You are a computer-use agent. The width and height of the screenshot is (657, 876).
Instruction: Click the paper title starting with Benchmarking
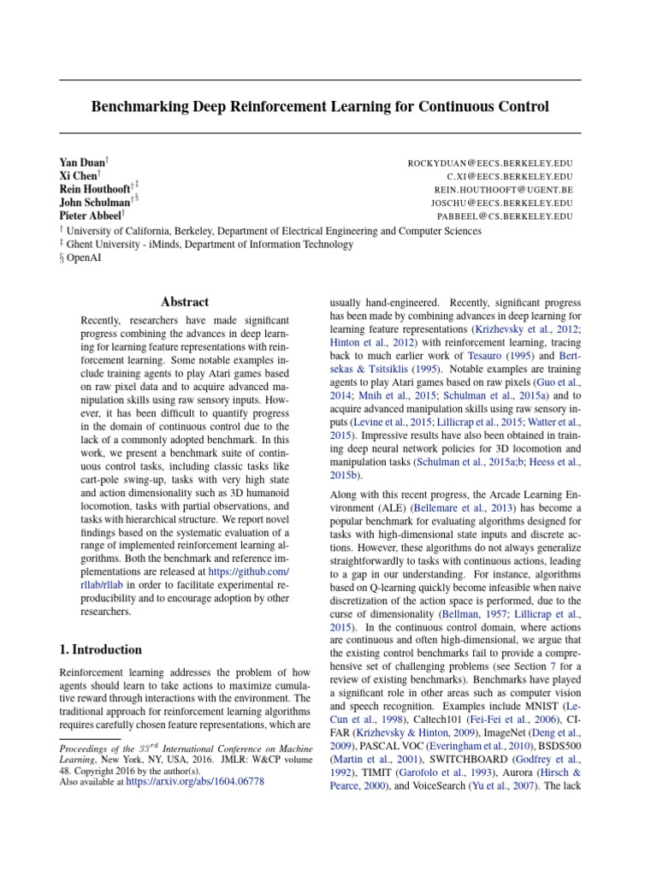tap(320, 107)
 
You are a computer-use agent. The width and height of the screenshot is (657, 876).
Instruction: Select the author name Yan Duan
tap(80, 163)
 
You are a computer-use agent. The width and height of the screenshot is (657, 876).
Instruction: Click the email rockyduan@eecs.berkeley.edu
tap(490, 163)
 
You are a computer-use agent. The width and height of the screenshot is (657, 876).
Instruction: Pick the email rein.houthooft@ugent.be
tap(503, 190)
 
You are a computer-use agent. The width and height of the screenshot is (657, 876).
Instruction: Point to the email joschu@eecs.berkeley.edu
tap(501, 204)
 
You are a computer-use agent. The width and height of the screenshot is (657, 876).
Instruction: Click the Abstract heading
tap(185, 302)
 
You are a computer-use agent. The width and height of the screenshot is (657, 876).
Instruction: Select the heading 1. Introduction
tap(101, 649)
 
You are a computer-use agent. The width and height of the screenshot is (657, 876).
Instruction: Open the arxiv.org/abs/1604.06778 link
tap(195, 781)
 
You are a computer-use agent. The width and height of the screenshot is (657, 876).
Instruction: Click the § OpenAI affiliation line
tap(80, 257)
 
